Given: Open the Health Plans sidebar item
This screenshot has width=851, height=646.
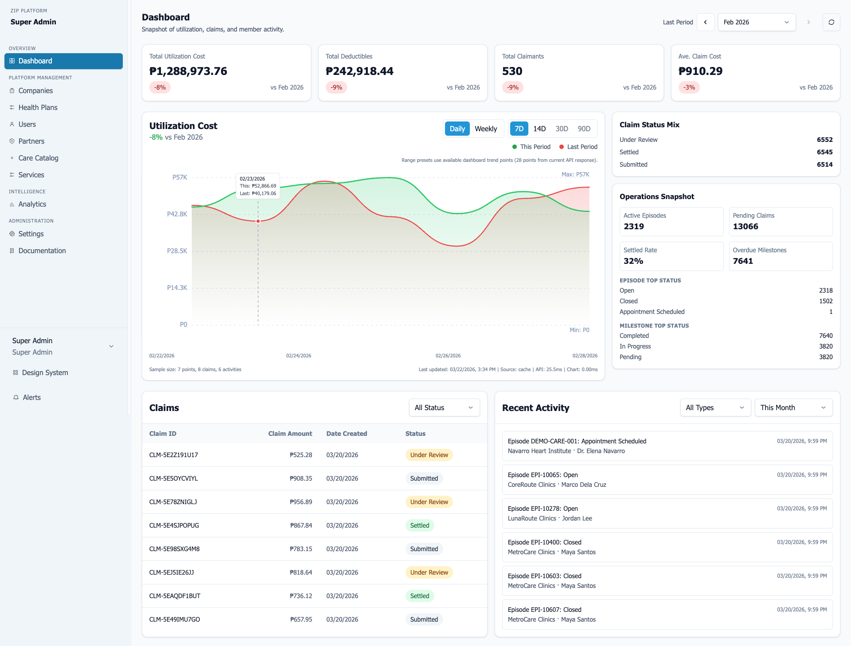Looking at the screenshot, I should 38,107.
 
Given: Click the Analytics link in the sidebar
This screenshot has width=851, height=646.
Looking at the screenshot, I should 32,204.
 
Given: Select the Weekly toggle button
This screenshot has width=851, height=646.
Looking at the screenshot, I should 486,129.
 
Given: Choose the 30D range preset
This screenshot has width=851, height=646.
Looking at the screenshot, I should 562,129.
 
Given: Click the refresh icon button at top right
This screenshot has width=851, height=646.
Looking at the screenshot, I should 831,22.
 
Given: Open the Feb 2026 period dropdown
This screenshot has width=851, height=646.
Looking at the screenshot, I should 756,22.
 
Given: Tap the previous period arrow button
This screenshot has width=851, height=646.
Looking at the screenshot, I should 705,22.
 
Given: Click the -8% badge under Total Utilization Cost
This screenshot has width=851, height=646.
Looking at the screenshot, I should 160,87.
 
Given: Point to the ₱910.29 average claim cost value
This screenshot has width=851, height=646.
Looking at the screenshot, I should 700,71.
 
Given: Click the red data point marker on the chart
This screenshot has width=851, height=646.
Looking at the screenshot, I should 258,221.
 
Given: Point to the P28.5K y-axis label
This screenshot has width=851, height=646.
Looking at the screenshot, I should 177,251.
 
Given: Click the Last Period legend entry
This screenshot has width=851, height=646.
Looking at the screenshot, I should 578,147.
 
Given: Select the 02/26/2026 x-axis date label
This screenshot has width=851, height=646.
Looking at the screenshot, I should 448,356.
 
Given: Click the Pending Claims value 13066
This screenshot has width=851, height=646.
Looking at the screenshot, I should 746,226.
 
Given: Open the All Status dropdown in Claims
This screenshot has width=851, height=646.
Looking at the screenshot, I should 444,407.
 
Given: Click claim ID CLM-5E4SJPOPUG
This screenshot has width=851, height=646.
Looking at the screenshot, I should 174,525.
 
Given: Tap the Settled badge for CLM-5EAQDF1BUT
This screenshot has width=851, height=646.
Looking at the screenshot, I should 419,596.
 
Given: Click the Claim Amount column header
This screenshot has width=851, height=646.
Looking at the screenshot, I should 290,434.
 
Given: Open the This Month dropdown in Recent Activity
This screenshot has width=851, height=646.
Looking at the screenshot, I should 793,407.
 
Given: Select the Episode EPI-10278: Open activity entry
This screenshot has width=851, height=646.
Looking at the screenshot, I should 667,513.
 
